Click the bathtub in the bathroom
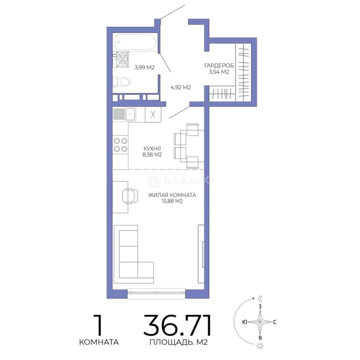[135, 42]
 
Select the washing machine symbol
[122, 59]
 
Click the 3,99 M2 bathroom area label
[144, 67]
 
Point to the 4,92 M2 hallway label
[181, 87]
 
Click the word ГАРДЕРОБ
[219, 66]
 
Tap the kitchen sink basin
[130, 114]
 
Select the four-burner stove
[121, 145]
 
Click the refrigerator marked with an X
[153, 115]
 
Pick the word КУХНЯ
[152, 149]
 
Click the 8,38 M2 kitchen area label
[152, 155]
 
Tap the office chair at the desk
[129, 196]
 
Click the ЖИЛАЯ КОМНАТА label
[172, 195]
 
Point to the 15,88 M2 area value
[172, 201]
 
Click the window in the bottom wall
[156, 293]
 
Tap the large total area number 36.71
[178, 325]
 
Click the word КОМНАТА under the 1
[99, 342]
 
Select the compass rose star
[260, 322]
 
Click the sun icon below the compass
[260, 346]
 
